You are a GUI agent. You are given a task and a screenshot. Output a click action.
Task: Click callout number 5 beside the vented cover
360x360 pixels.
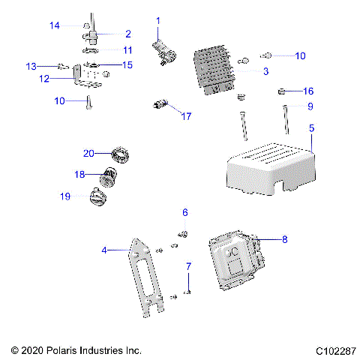pyautogui.click(x=311, y=128)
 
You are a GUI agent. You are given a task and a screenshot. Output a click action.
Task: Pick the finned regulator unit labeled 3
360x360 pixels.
pyautogui.click(x=214, y=71)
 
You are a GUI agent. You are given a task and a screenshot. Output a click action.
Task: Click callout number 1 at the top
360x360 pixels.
pyautogui.click(x=157, y=19)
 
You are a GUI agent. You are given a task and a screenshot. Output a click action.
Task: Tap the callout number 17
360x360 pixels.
pyautogui.click(x=186, y=116)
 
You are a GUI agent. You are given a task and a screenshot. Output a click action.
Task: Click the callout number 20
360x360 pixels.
pyautogui.click(x=88, y=153)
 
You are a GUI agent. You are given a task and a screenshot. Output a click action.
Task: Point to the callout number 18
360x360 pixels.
pyautogui.click(x=80, y=174)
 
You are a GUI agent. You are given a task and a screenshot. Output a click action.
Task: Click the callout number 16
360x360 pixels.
pyautogui.click(x=308, y=91)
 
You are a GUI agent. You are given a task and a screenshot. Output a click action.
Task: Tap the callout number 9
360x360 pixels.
pyautogui.click(x=309, y=106)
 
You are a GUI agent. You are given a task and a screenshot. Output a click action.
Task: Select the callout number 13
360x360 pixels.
pyautogui.click(x=31, y=66)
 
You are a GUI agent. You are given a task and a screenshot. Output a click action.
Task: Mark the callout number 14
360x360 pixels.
pyautogui.click(x=55, y=25)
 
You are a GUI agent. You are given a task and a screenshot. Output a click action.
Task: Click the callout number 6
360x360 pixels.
pyautogui.click(x=185, y=212)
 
